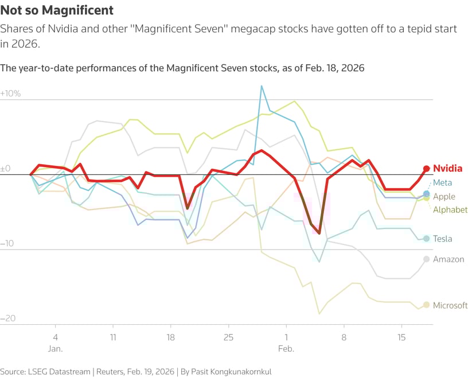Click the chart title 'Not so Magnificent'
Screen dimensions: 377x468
57,10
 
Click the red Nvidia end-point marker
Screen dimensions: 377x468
426,168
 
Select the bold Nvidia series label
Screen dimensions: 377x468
447,169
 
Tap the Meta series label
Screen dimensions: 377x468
442,182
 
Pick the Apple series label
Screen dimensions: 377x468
444,196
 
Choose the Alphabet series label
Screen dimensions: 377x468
450,210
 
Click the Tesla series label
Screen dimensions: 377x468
443,239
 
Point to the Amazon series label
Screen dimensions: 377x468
448,259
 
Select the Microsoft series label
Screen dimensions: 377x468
450,305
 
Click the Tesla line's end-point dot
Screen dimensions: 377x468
426,238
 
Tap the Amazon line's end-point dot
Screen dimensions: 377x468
426,259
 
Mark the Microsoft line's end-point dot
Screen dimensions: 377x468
426,305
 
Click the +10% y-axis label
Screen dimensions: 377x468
10,93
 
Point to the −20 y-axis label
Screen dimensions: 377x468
8,318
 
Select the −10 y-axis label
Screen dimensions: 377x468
8,243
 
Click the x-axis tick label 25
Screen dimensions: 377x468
228,337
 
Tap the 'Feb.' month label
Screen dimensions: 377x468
286,348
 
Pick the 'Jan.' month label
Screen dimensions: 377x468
55,348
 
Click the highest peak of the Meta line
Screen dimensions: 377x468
262,86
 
